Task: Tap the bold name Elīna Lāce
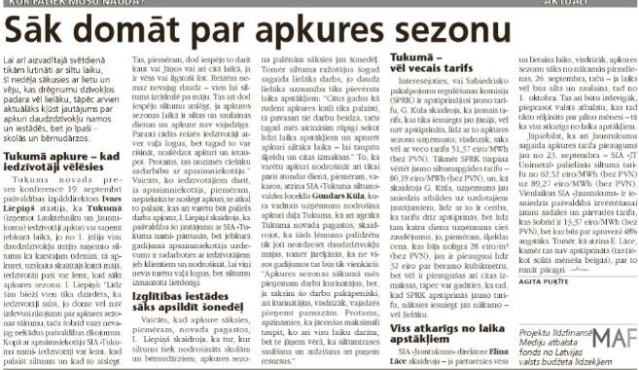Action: pyautogui.click(x=444, y=350)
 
